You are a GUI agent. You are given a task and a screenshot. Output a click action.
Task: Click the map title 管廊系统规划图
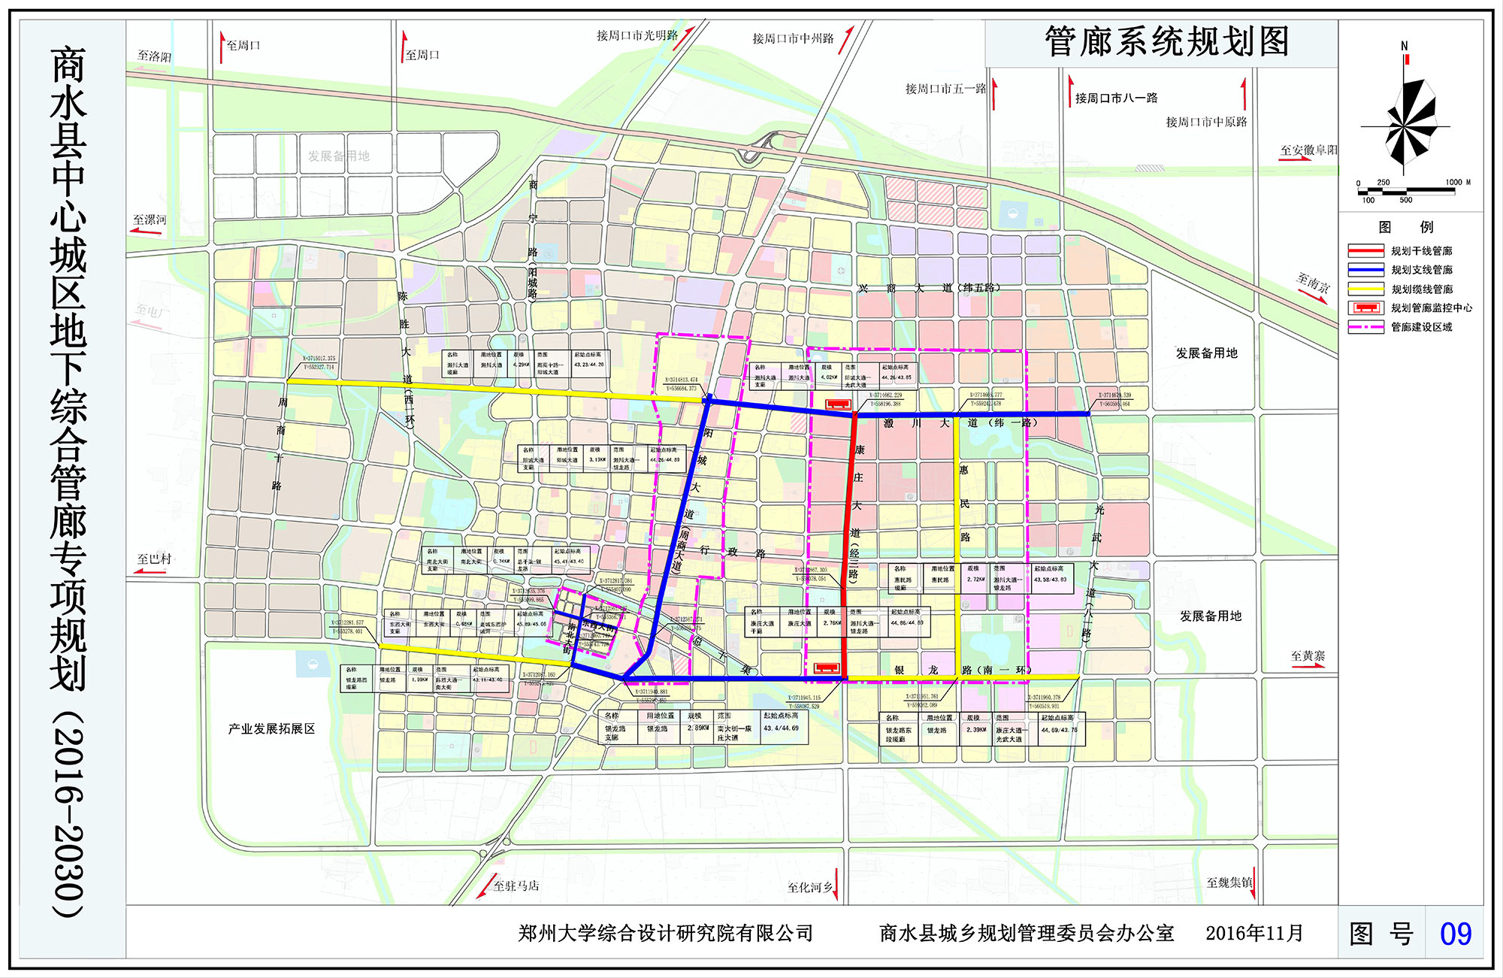(1166, 42)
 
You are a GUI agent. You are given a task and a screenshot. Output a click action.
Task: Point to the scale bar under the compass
(1405, 191)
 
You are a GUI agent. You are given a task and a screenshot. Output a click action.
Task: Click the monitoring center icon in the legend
(1365, 308)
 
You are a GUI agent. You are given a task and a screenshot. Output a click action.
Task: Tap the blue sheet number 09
(1455, 934)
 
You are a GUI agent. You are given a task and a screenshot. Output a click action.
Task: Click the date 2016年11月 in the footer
(1254, 934)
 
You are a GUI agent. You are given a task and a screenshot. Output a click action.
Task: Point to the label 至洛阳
(154, 56)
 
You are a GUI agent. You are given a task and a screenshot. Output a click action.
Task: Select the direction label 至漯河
(150, 220)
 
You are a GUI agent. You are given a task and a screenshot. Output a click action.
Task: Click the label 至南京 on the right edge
(1313, 283)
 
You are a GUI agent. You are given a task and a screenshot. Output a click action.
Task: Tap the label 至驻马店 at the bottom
(516, 886)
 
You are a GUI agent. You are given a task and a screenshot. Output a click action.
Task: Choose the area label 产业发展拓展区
(271, 729)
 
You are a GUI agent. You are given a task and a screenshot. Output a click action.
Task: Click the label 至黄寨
(1308, 656)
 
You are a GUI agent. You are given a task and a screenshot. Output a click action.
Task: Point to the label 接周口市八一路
(1116, 98)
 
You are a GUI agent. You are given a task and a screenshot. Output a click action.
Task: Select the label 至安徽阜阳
(1308, 150)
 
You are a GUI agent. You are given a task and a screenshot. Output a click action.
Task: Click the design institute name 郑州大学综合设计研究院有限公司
(665, 934)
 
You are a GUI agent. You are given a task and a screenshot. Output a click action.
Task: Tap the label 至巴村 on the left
(154, 559)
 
